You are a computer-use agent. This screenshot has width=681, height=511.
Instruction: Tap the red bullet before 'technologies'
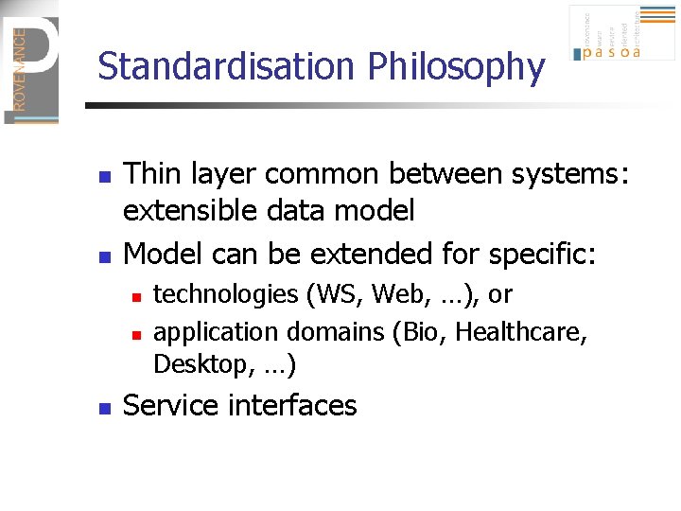pyautogui.click(x=136, y=297)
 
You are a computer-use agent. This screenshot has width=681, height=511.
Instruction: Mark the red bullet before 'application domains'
pyautogui.click(x=136, y=334)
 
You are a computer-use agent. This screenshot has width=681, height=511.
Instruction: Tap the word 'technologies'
pyautogui.click(x=225, y=295)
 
